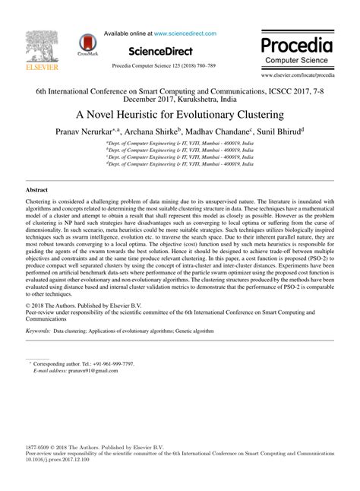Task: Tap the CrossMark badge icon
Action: [x=86, y=46]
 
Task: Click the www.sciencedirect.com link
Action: [x=185, y=33]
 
